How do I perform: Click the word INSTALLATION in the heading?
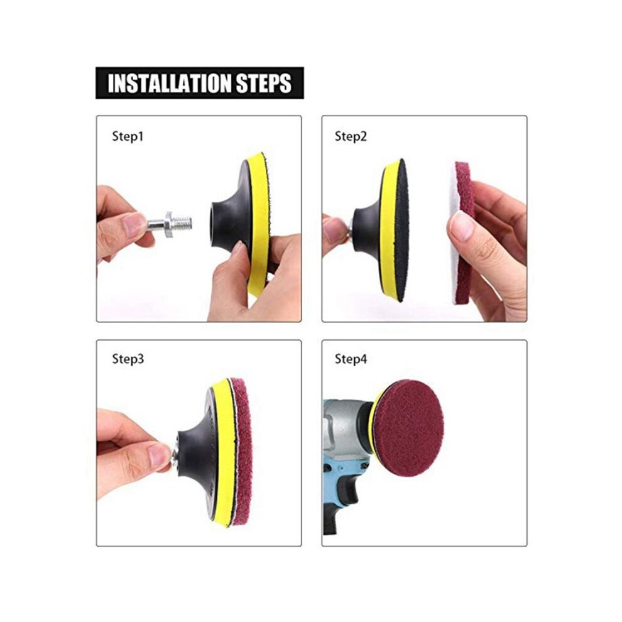(169, 84)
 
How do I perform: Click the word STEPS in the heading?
(264, 84)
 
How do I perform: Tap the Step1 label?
(128, 137)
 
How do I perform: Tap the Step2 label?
(351, 137)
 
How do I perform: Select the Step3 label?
(128, 359)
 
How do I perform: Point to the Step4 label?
(351, 359)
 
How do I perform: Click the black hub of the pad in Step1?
(228, 222)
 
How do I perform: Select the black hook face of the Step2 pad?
(401, 230)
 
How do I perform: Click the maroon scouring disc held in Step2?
(463, 234)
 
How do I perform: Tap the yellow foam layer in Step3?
(221, 452)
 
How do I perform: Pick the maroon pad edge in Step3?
(243, 452)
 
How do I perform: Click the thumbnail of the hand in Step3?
(160, 455)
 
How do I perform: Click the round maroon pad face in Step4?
(408, 428)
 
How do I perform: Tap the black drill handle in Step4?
(341, 504)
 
